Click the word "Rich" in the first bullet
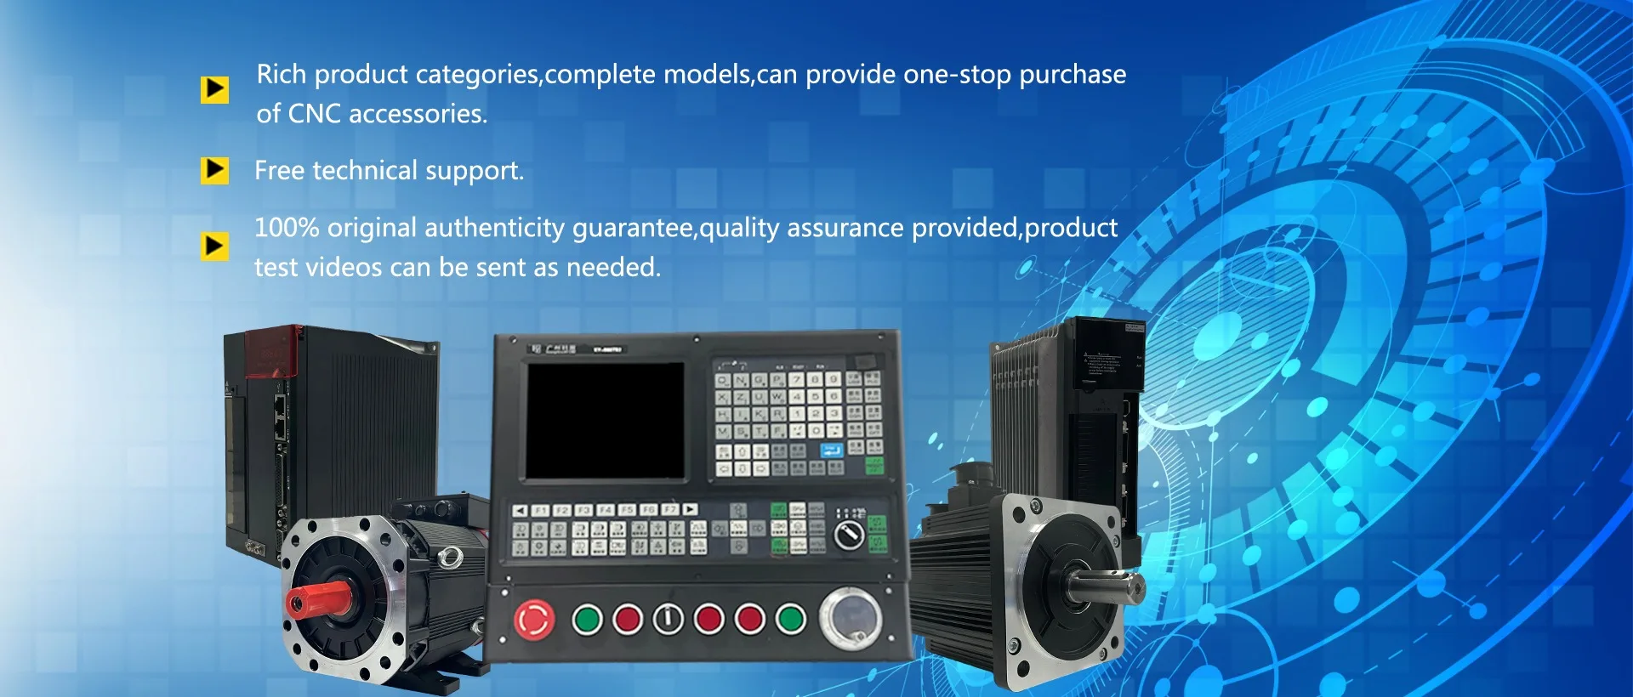[x=282, y=75]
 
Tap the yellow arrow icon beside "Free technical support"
[x=214, y=170]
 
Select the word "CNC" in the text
[x=314, y=114]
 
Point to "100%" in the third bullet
[x=287, y=228]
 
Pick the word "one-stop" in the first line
[x=958, y=75]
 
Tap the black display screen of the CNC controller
[x=605, y=420]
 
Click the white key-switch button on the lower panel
[x=668, y=620]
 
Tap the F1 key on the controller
[x=540, y=510]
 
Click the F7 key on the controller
[x=669, y=510]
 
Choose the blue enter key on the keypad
[x=832, y=450]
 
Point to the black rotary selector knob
[x=848, y=535]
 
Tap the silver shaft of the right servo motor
[x=1106, y=586]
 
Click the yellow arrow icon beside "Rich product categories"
[x=214, y=88]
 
